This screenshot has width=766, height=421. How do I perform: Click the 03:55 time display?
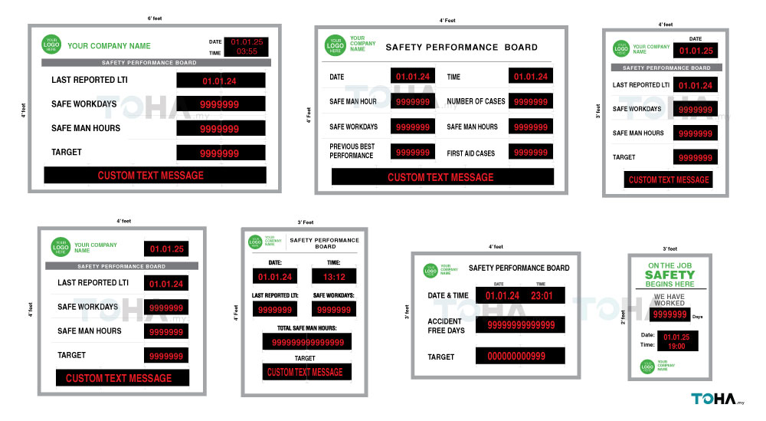tap(247, 52)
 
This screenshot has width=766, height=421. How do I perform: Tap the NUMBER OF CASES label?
tap(476, 101)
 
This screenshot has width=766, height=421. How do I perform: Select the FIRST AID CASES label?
tap(470, 153)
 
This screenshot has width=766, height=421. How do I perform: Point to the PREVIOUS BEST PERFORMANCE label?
tap(352, 151)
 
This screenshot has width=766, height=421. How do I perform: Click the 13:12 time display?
tap(334, 277)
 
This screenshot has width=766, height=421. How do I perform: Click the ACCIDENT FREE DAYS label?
tap(446, 326)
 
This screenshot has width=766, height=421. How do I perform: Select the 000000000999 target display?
tap(520, 357)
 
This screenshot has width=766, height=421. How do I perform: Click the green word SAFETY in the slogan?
tap(669, 275)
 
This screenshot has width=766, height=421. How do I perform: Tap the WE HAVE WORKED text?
tap(669, 300)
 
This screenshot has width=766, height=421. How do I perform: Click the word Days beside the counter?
tap(697, 317)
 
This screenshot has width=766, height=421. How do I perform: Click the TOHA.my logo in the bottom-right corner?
tap(718, 399)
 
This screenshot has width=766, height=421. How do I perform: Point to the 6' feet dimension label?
tap(155, 18)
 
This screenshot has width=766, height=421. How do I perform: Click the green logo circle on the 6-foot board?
tap(52, 45)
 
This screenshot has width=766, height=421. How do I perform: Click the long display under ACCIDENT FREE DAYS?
tap(520, 326)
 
